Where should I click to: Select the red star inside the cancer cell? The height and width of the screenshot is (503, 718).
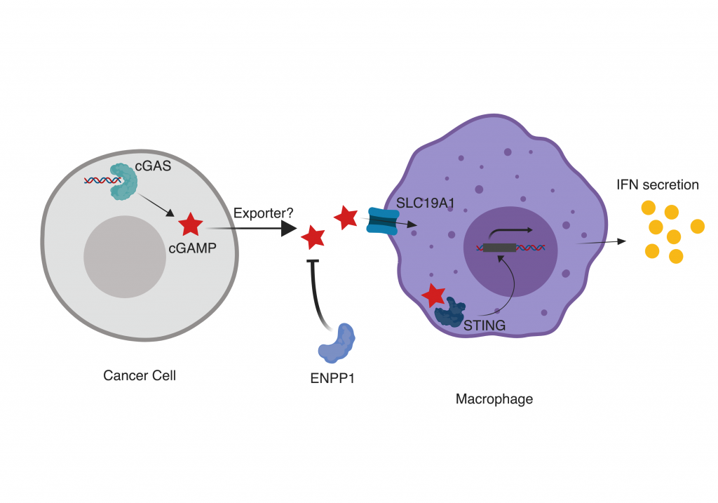(190, 224)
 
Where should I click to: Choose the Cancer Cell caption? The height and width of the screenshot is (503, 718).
(140, 375)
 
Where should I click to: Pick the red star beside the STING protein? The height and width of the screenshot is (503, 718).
(433, 295)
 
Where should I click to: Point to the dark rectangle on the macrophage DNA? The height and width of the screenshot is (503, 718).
(500, 247)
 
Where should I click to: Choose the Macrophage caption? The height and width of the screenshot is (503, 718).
(494, 399)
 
